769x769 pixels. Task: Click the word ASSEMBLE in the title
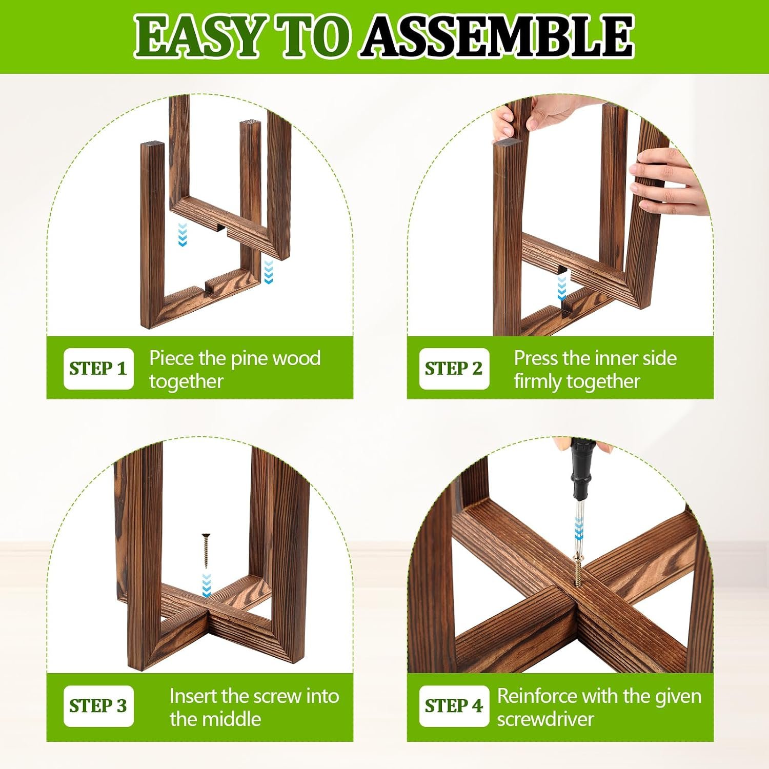click(x=497, y=36)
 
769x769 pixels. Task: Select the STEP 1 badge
click(x=98, y=369)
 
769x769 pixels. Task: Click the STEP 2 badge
click(x=454, y=369)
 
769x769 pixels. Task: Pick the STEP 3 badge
click(x=98, y=706)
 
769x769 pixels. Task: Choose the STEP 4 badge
click(x=454, y=706)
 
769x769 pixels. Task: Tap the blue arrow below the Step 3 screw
click(x=206, y=585)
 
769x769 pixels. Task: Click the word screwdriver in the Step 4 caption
click(x=545, y=719)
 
